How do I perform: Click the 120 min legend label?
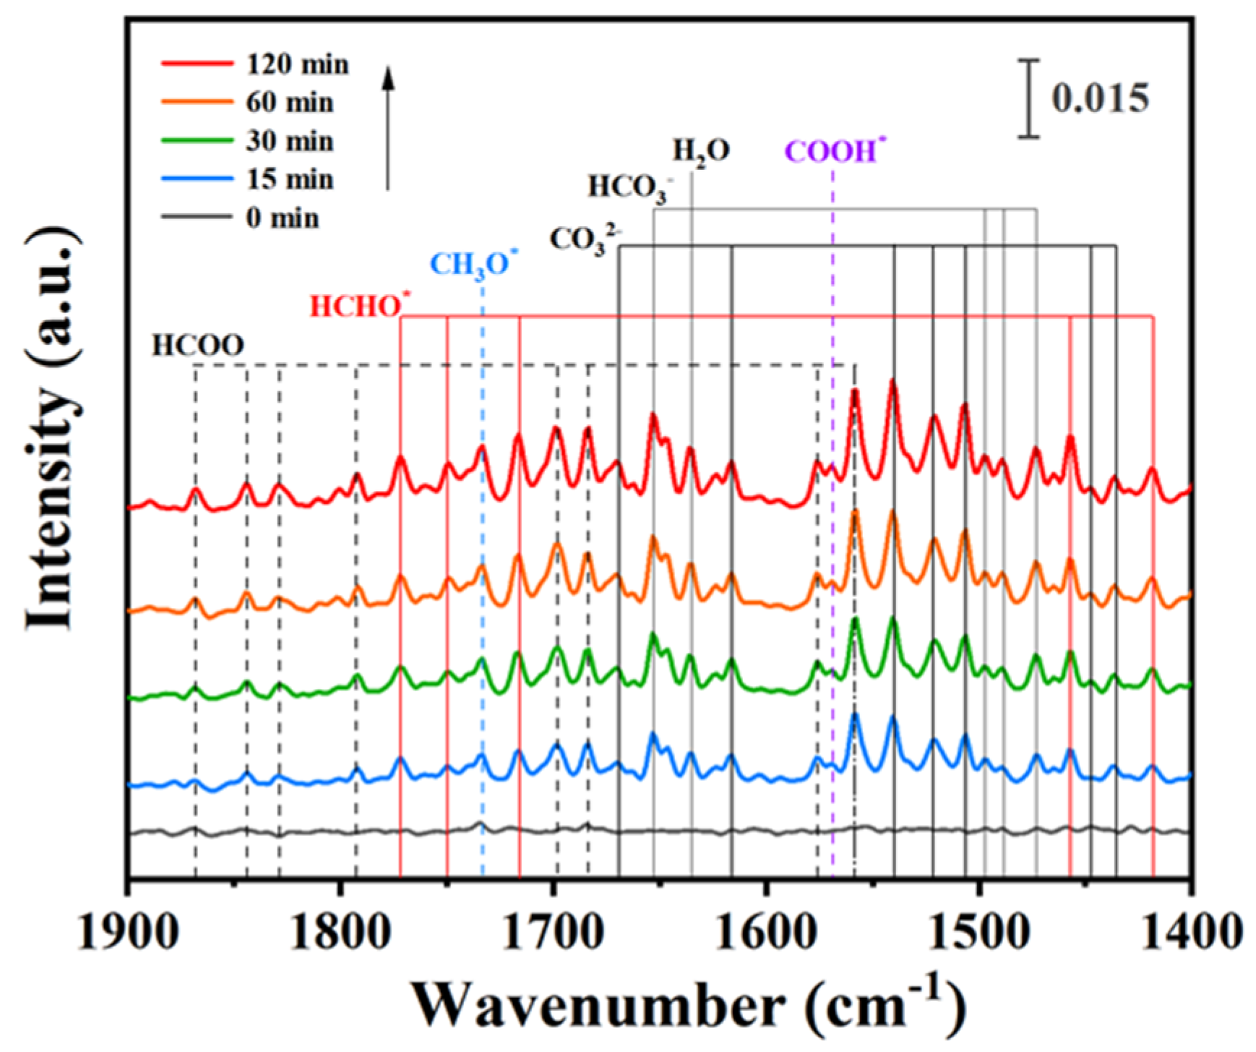point(297,64)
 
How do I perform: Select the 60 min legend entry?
point(289,103)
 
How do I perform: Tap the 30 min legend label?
point(289,141)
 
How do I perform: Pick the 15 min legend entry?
point(289,179)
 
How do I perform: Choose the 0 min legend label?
point(282,218)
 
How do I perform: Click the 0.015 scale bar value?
point(1099,99)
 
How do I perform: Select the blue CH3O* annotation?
point(473,265)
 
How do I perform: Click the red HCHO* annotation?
point(358,307)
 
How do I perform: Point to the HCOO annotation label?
point(197,346)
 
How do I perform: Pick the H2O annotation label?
point(701,152)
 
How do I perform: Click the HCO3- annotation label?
point(629,187)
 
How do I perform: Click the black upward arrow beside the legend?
point(388,127)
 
